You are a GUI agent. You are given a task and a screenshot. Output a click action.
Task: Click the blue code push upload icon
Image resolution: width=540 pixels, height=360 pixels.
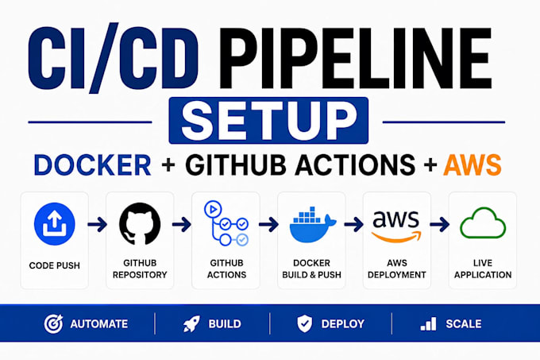pyautogui.click(x=55, y=224)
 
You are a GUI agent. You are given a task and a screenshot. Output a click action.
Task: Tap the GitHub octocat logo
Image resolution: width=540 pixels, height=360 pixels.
pyautogui.click(x=140, y=224)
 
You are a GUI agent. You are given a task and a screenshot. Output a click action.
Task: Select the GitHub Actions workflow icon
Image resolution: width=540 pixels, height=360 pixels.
pyautogui.click(x=226, y=223)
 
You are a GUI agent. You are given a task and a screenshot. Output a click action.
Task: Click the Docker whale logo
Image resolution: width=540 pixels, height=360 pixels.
pyautogui.click(x=312, y=225)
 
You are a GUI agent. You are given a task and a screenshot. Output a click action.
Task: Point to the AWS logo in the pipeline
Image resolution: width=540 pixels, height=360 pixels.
pyautogui.click(x=396, y=226)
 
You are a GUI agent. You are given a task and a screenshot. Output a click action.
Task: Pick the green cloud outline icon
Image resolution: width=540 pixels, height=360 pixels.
pyautogui.click(x=483, y=223)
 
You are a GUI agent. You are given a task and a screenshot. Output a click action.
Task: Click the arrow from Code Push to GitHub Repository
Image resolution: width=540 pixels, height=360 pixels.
pyautogui.click(x=98, y=225)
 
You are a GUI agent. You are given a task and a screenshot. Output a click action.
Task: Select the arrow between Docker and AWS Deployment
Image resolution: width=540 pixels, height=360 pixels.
pyautogui.click(x=353, y=225)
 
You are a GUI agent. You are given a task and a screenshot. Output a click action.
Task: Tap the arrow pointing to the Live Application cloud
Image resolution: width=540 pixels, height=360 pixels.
pyautogui.click(x=439, y=225)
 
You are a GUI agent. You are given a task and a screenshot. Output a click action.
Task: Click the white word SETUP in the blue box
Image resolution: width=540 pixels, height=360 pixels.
pyautogui.click(x=269, y=121)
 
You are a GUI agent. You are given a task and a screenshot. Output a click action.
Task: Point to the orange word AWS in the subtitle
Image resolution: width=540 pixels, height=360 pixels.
pyautogui.click(x=472, y=165)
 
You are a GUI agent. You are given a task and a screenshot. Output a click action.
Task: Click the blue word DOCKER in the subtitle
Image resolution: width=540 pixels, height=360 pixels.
pyautogui.click(x=93, y=165)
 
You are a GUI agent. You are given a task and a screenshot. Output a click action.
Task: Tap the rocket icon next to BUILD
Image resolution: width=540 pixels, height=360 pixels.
pyautogui.click(x=191, y=323)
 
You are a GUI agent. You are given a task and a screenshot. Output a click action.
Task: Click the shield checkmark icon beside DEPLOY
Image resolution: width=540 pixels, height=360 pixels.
pyautogui.click(x=305, y=323)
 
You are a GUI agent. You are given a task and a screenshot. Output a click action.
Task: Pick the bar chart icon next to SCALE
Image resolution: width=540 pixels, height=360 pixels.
pyautogui.click(x=428, y=324)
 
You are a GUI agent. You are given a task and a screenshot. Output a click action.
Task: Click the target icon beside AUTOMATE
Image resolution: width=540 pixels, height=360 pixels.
pyautogui.click(x=53, y=323)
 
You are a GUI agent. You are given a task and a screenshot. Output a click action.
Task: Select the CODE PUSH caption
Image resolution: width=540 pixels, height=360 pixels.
pyautogui.click(x=55, y=265)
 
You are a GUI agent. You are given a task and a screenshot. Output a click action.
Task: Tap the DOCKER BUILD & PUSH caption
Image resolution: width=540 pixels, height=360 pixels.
pyautogui.click(x=311, y=269)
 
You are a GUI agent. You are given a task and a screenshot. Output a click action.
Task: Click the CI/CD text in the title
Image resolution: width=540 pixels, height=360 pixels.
pyautogui.click(x=114, y=58)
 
